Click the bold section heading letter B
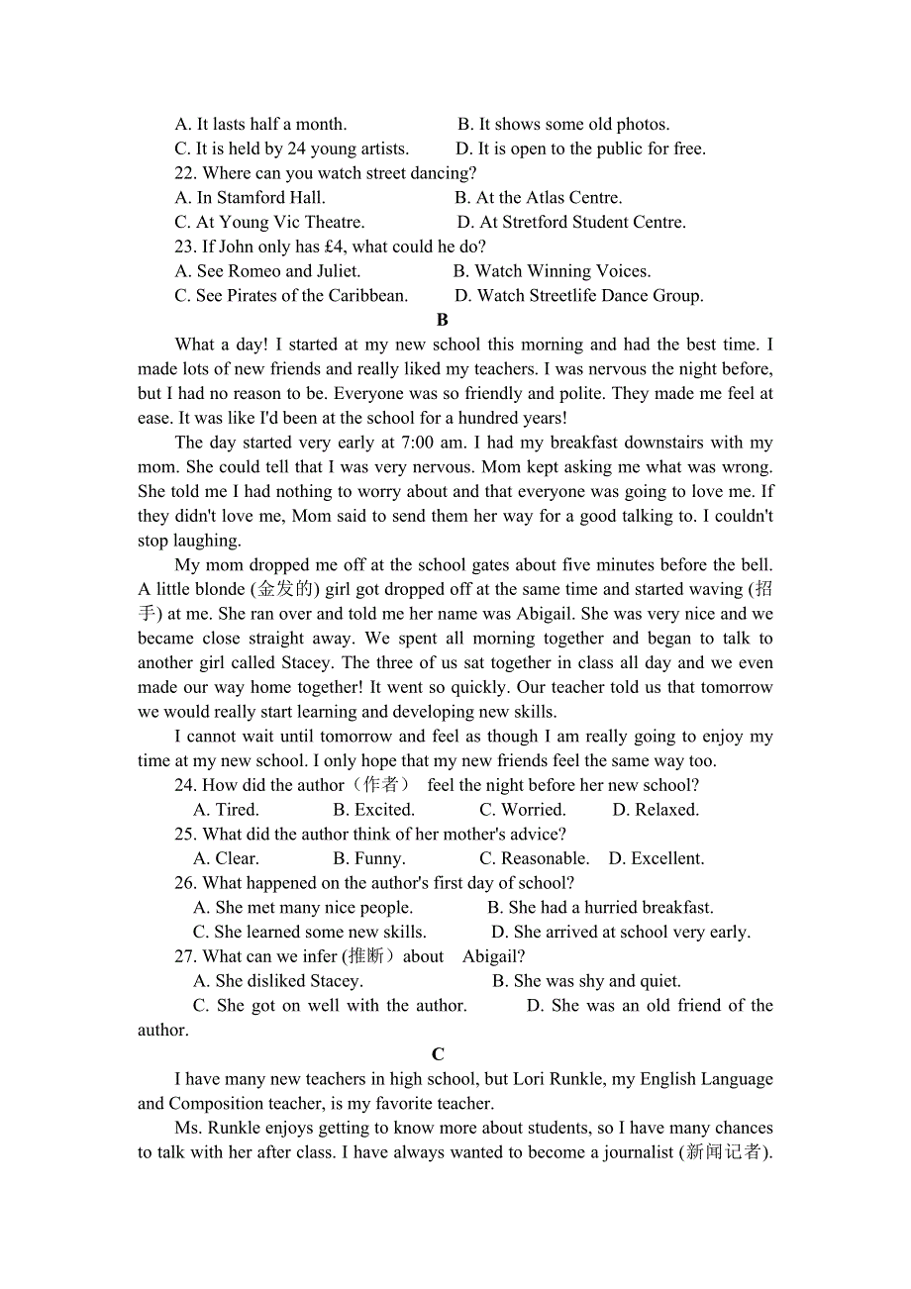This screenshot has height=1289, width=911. [442, 320]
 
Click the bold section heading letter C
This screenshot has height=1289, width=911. [438, 1054]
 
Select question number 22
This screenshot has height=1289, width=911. [186, 173]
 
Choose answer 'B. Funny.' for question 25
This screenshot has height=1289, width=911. [369, 858]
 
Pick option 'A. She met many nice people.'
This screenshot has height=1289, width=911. [303, 907]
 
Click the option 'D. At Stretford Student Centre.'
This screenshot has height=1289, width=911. [571, 222]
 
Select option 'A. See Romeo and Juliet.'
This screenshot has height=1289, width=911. [267, 270]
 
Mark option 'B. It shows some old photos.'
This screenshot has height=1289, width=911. [563, 124]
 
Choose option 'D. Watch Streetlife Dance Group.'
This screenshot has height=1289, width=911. [578, 295]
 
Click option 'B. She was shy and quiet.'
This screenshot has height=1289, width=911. [586, 981]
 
